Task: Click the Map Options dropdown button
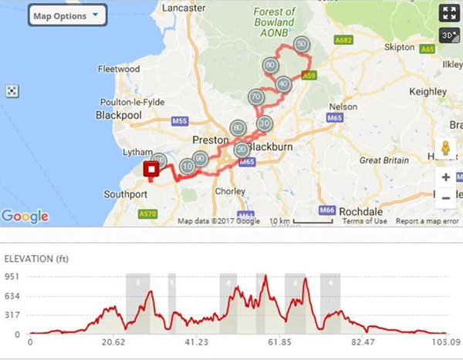point(67,15)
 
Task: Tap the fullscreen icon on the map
point(448,13)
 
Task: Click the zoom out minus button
point(447,197)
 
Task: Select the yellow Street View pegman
point(446,150)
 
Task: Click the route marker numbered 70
point(256,97)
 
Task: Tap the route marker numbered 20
point(242,150)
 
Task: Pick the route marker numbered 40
point(283,83)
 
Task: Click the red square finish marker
point(152,170)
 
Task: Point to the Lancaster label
point(187,7)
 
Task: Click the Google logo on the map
point(25,217)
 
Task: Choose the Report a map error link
point(428,221)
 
